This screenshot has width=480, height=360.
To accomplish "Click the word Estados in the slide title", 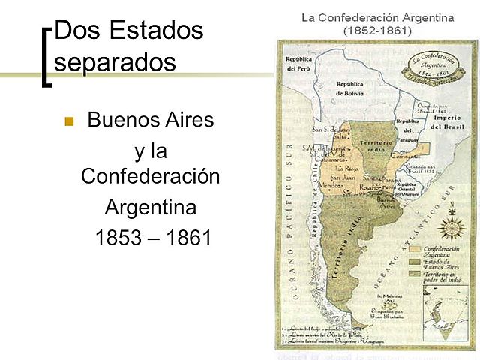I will pos(156,31).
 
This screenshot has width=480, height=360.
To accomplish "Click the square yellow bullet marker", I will pos(70,121).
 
